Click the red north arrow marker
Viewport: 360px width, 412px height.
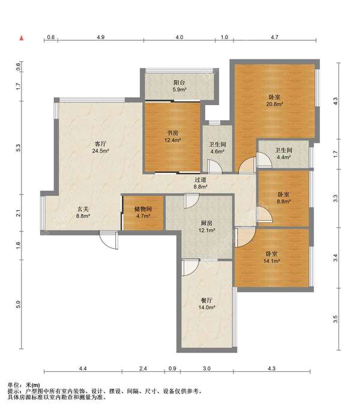[22, 38]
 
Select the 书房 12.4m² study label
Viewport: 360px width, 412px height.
[173, 137]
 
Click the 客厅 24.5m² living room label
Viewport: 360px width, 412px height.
[101, 147]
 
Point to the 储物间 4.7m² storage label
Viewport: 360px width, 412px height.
[143, 213]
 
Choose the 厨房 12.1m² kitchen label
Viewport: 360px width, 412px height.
[206, 227]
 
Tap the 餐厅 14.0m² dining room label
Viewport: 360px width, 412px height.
[206, 304]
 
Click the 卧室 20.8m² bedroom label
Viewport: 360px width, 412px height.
[274, 100]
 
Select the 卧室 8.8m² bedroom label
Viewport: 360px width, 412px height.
[284, 198]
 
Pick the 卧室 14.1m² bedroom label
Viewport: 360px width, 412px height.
[272, 258]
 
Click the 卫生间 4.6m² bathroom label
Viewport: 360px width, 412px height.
[217, 148]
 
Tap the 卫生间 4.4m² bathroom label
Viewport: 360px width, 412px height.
[284, 154]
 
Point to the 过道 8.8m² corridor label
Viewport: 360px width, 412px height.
[200, 183]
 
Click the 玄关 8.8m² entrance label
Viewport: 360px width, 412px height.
[83, 213]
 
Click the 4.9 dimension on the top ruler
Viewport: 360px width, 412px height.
[101, 37]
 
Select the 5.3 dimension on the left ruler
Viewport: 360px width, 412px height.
[18, 148]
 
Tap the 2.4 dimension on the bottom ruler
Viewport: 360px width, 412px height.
[143, 368]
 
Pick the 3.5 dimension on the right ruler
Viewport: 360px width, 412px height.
[335, 319]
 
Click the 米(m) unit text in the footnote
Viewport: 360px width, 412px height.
[33, 386]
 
